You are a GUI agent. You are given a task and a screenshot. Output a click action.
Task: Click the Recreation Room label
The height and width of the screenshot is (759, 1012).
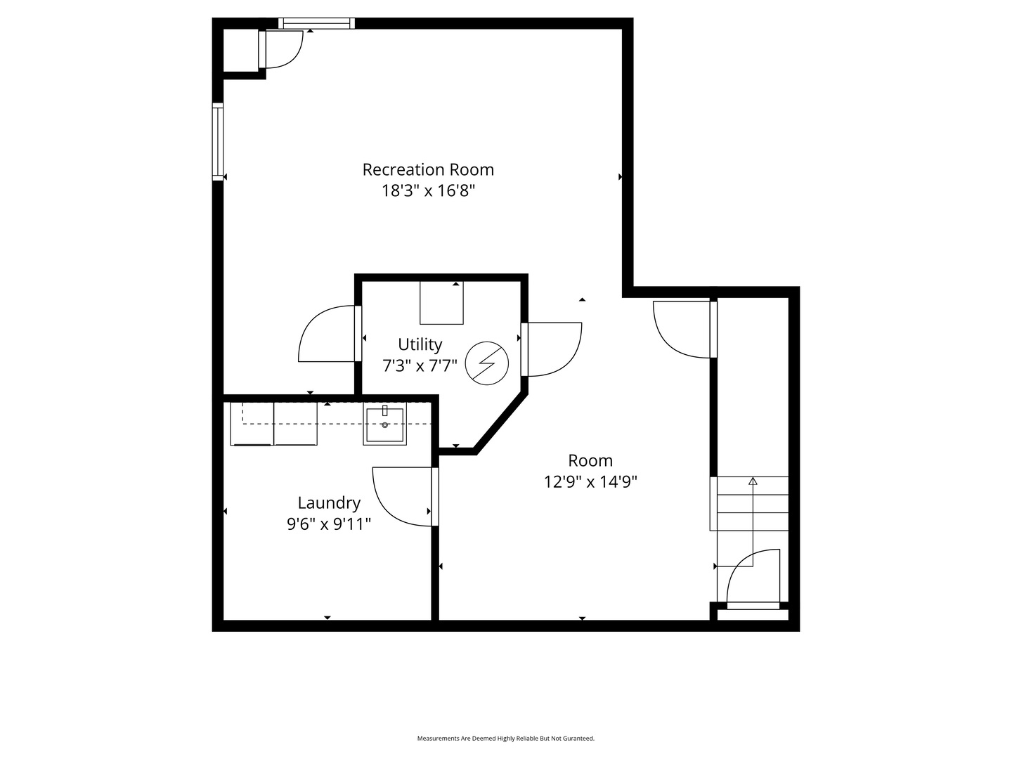[x=428, y=169]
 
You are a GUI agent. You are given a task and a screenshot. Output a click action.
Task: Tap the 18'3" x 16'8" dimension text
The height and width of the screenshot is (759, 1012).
[x=428, y=190]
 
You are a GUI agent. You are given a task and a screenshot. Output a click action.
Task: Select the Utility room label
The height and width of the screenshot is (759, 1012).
[x=420, y=344]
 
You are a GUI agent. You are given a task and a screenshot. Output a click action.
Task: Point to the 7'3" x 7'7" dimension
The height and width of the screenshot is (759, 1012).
[x=420, y=366]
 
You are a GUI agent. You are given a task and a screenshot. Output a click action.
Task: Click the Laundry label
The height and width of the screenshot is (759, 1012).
[x=329, y=502]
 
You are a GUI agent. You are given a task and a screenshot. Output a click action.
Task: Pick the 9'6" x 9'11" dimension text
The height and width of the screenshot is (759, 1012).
[x=329, y=524]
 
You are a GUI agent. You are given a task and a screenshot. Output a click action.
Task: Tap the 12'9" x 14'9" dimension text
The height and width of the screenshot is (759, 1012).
[x=590, y=481]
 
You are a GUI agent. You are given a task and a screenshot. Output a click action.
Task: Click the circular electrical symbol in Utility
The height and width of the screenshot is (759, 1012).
[x=486, y=363]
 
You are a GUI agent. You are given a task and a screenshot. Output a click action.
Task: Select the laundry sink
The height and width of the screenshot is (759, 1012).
[x=384, y=424]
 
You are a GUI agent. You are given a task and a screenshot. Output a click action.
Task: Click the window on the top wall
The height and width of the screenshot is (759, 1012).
[x=316, y=23]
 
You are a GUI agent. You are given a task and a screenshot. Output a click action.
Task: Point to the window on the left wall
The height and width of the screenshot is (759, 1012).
[x=218, y=142]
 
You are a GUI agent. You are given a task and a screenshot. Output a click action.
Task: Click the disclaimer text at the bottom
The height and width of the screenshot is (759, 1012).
[x=506, y=738]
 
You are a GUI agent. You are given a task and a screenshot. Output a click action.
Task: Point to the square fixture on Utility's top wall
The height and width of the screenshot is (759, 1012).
[x=441, y=303]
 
